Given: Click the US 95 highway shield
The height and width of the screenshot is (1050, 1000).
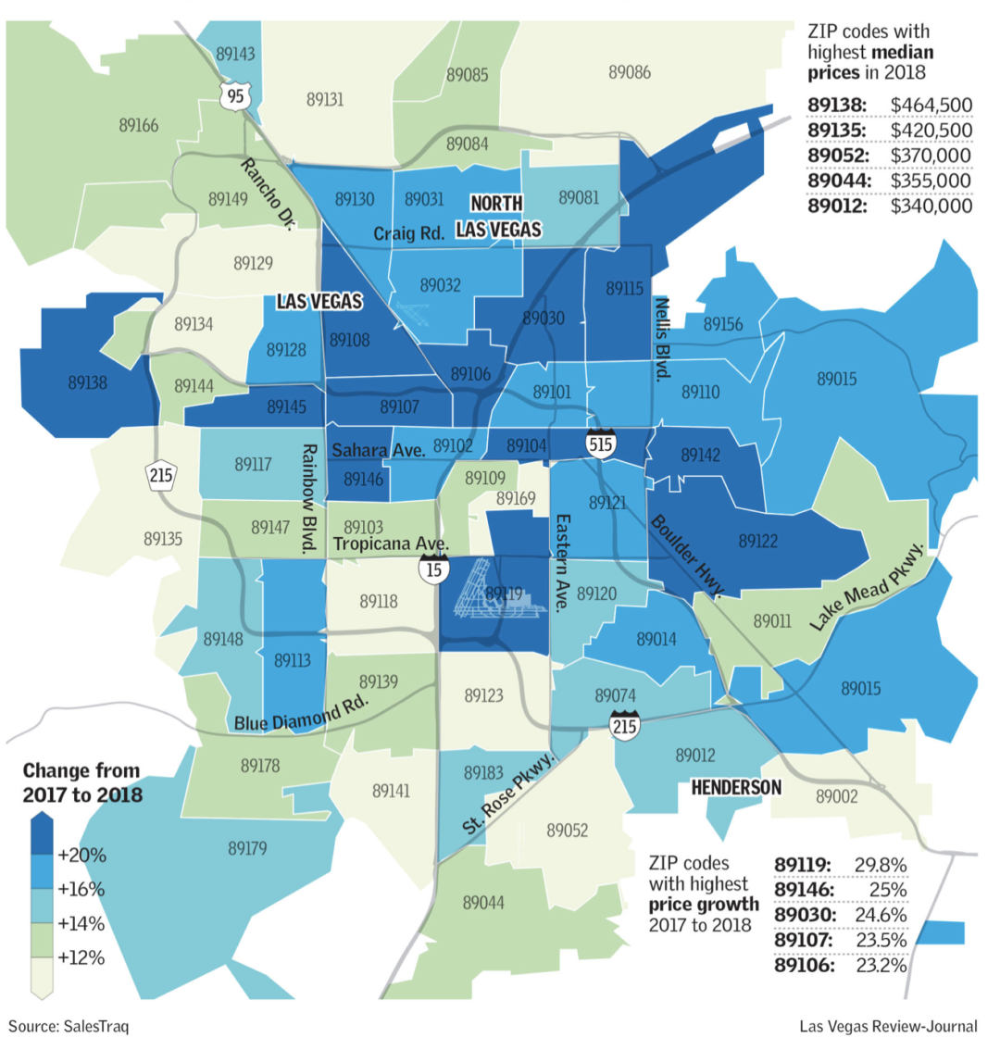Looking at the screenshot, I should point(235,94).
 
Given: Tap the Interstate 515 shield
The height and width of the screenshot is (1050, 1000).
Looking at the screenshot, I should point(603,444).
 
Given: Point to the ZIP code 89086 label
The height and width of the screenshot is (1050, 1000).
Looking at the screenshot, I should point(629,71).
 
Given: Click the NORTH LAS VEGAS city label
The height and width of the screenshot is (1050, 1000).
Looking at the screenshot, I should point(497,216).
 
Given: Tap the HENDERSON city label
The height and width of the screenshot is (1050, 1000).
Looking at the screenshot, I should point(736,787).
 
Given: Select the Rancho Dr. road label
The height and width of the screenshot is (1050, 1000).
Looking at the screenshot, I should point(267,194).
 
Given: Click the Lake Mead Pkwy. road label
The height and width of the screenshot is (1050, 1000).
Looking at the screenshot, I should point(868,586).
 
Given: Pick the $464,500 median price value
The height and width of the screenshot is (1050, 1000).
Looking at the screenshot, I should point(931,105).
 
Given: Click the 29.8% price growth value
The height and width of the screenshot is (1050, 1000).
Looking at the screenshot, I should point(880,865).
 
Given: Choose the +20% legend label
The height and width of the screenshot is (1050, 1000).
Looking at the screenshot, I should point(81,855).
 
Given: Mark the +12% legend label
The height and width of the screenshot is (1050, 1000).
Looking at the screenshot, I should point(81,957).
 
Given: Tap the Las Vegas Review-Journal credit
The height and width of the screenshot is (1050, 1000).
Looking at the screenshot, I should point(888,1026).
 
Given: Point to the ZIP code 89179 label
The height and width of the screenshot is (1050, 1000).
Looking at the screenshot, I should point(247,847).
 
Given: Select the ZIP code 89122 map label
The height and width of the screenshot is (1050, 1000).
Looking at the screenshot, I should point(757,541).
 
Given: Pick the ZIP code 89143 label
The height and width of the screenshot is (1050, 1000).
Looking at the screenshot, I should point(235,54).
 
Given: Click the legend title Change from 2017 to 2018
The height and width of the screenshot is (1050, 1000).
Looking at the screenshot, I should point(81,781).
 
